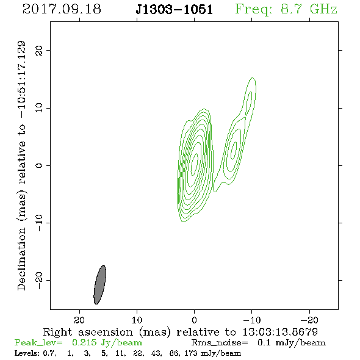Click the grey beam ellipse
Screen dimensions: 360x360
click(100, 285)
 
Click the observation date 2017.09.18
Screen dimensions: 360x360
click(62, 9)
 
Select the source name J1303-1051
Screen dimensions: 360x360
click(175, 10)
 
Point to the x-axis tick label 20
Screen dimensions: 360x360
click(79, 320)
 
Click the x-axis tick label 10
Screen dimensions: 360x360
click(137, 320)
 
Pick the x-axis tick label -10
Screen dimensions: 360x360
click(251, 320)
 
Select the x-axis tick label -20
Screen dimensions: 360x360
click(309, 320)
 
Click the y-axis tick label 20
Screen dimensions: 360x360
click(39, 50)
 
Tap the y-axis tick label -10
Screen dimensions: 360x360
click(39, 223)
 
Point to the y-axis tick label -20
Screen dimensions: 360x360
click(39, 280)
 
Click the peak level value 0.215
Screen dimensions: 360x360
click(84, 342)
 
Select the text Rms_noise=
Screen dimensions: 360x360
click(220, 343)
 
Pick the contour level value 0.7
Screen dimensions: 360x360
click(49, 353)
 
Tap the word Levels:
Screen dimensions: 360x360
click(27, 353)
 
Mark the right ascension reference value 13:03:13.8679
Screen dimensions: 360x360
click(280, 332)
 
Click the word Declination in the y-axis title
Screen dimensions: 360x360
click(21, 259)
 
